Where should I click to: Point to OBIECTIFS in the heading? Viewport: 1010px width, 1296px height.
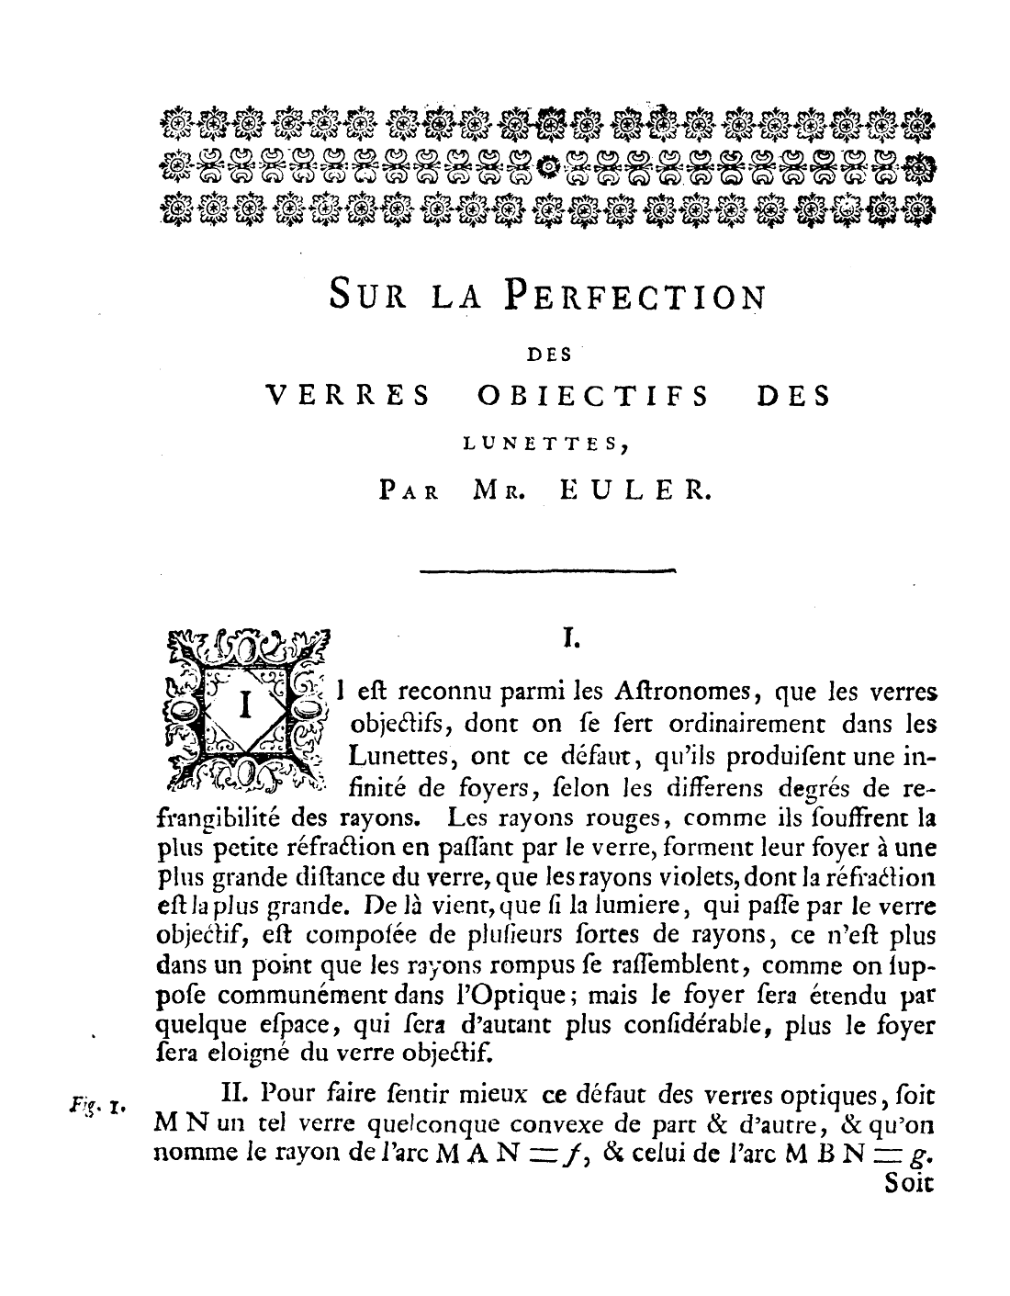pos(594,396)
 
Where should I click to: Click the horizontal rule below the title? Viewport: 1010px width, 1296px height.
pos(547,572)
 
